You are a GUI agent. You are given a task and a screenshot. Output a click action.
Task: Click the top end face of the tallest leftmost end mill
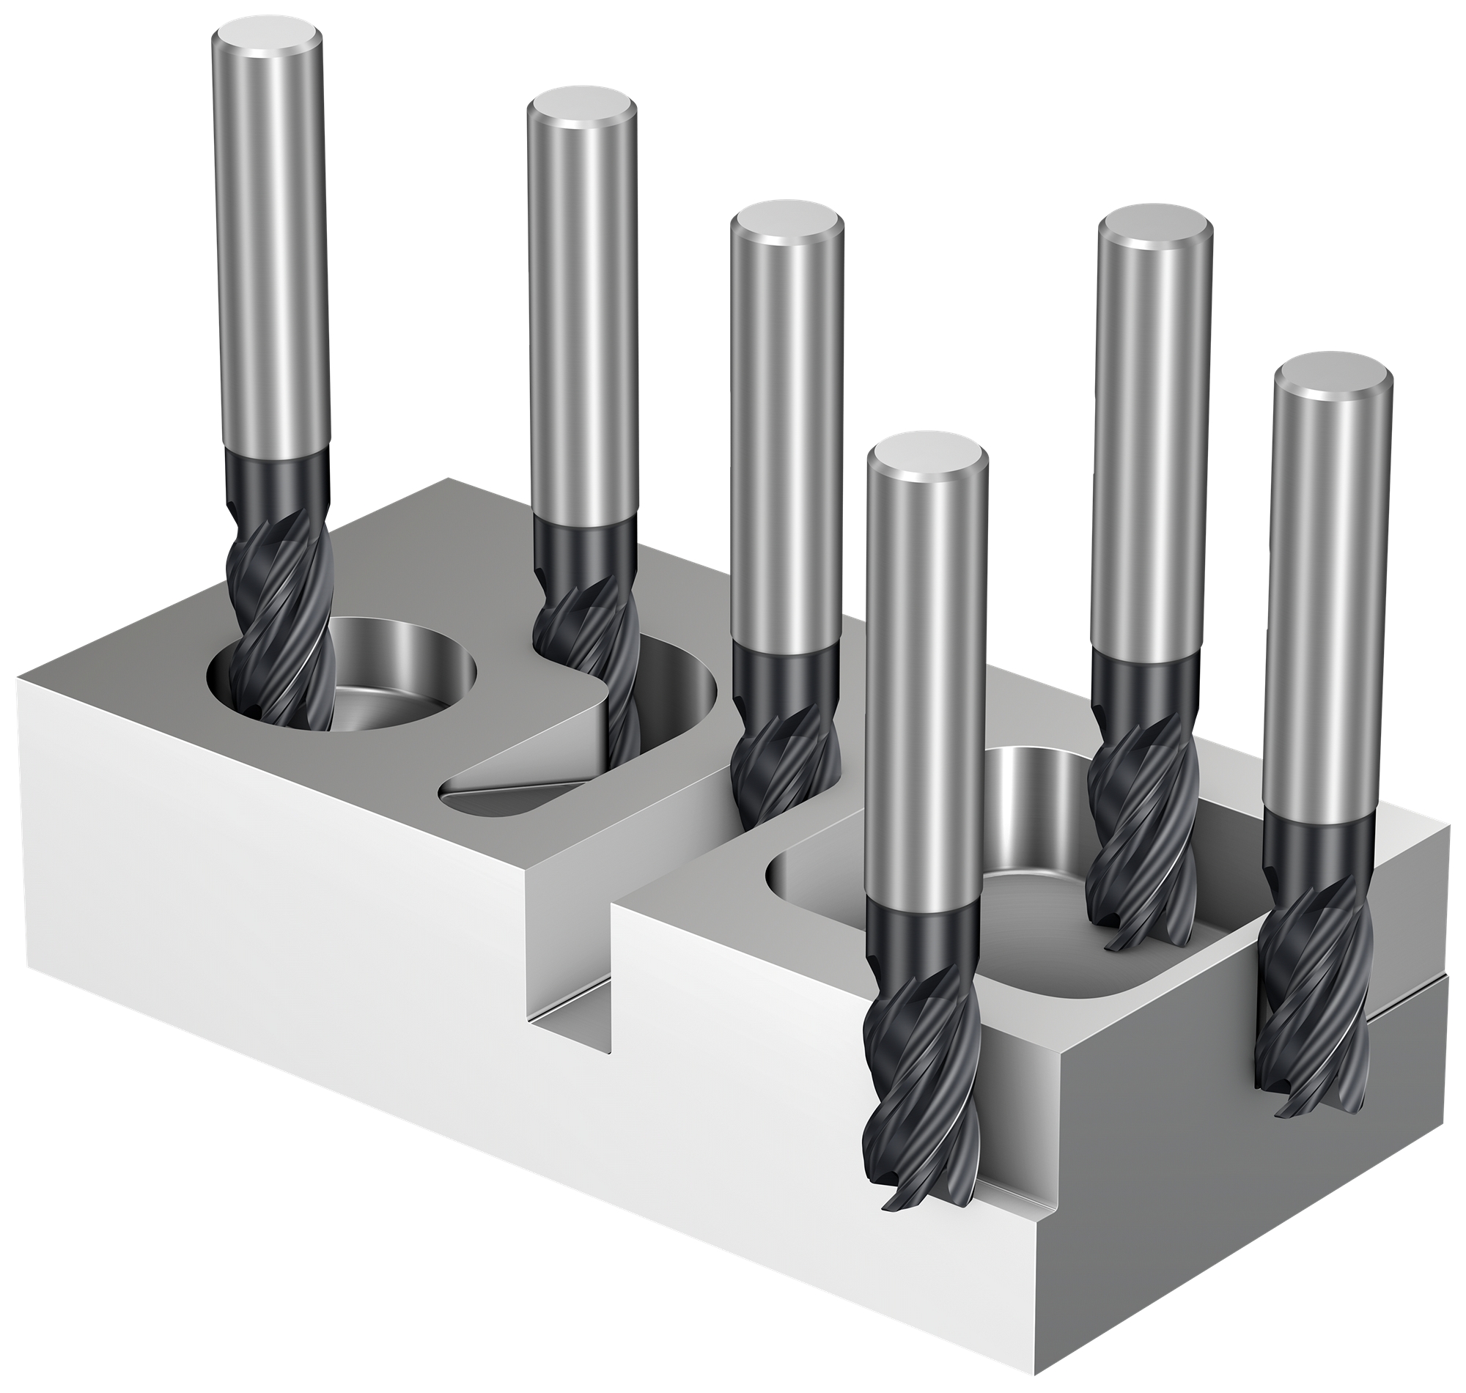[267, 39]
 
